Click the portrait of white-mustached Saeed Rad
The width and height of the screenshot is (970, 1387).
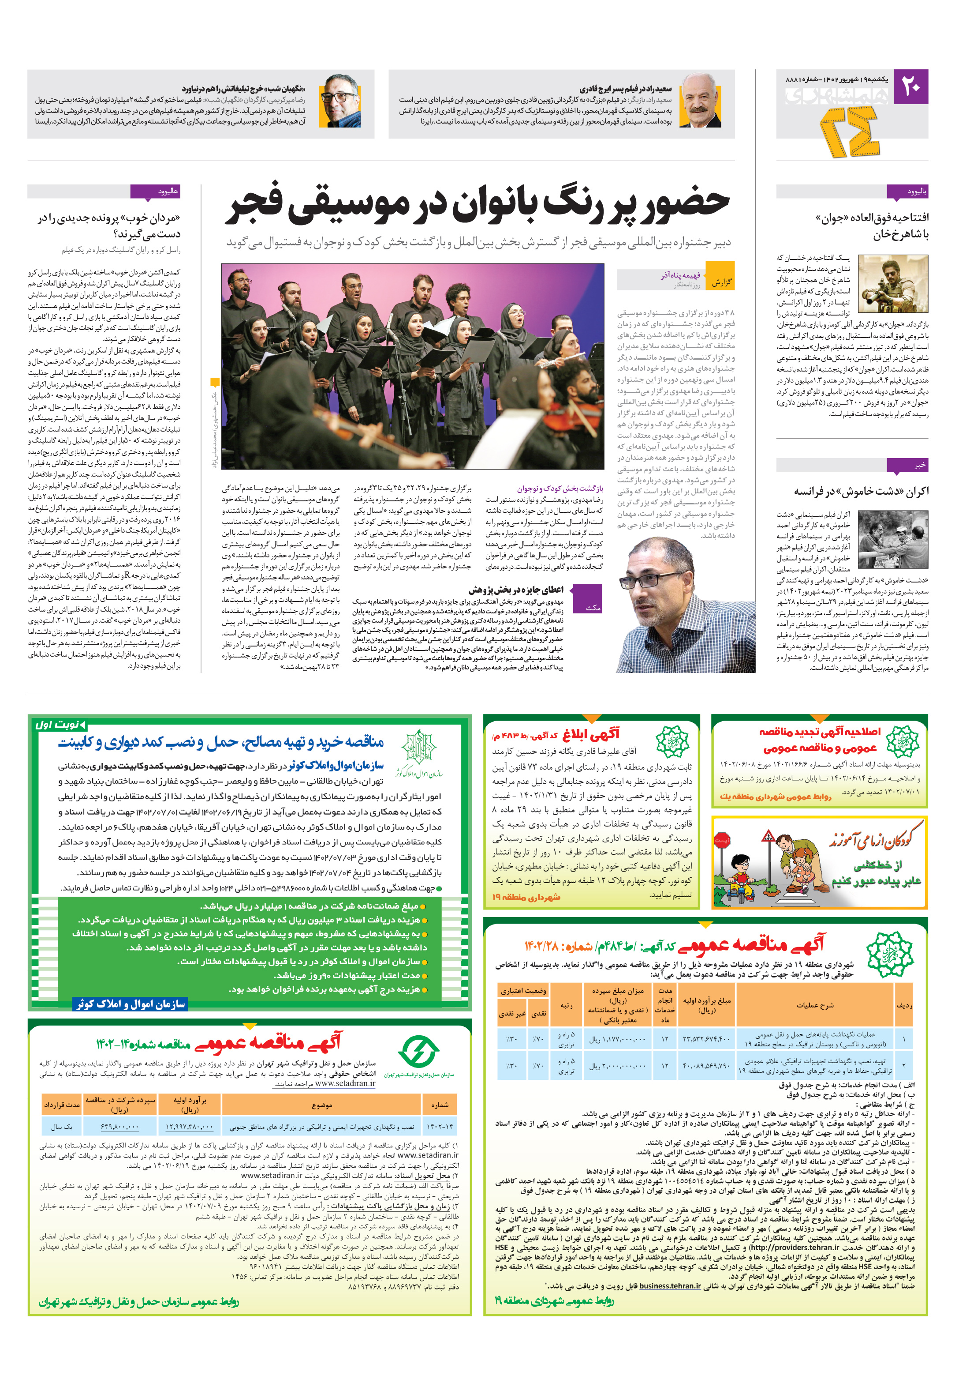(x=700, y=100)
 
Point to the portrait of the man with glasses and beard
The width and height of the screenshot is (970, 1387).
(x=340, y=100)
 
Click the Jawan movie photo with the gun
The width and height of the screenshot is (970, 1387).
(x=893, y=283)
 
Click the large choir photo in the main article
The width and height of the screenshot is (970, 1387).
(x=413, y=366)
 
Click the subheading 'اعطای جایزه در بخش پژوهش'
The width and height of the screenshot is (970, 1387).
(x=516, y=590)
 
